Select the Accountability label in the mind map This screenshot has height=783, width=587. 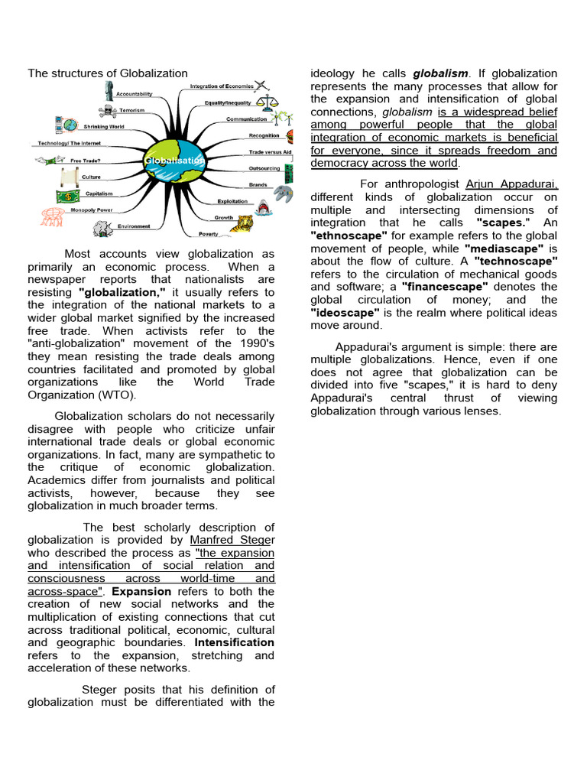point(134,94)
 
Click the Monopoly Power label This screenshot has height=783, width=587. point(92,210)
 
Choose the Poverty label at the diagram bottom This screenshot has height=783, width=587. point(209,234)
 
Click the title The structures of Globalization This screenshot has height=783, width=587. point(108,73)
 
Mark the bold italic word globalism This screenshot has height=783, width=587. point(440,73)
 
